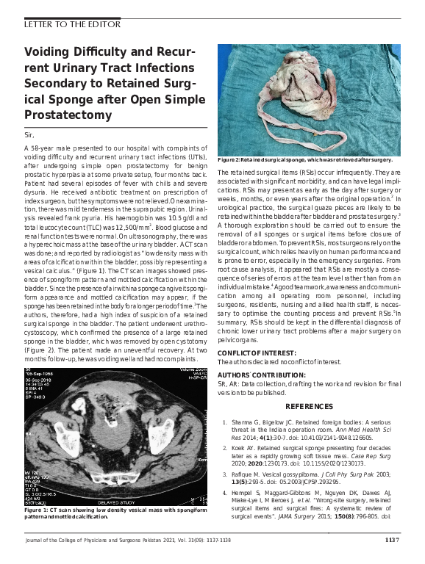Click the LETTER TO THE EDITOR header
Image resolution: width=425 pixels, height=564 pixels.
pyautogui.click(x=72, y=23)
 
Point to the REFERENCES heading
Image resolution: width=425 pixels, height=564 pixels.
pyautogui.click(x=308, y=406)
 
